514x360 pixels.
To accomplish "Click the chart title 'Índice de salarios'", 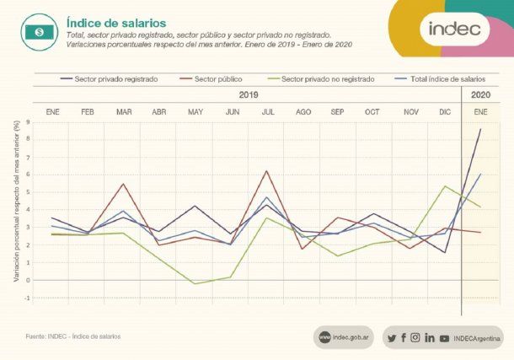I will tap(116, 22).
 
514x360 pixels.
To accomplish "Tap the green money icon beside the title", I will tap(39, 31).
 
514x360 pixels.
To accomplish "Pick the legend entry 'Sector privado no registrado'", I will tap(327, 78).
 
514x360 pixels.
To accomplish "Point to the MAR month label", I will tap(124, 112).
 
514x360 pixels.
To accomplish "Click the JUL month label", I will tap(267, 112).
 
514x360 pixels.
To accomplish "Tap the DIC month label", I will tap(444, 112).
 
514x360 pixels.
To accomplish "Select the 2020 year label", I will tap(480, 95).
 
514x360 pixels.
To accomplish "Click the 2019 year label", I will tap(248, 95).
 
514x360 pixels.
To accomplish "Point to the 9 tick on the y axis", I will tap(28, 122).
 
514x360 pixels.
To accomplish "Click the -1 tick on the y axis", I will tap(27, 298).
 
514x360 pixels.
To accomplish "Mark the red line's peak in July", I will tap(267, 171).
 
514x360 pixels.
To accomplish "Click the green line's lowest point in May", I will tap(195, 283).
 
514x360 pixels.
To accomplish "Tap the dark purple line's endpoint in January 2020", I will tap(480, 129).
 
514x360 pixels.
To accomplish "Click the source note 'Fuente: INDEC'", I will tap(73, 336).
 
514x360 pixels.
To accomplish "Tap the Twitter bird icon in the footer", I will tap(392, 337).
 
